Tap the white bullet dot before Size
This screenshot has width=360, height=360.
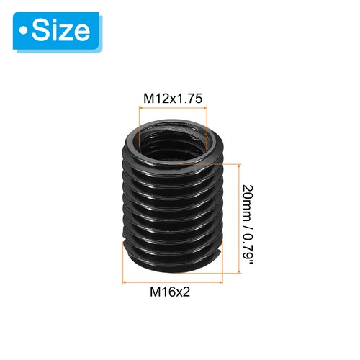point(27,32)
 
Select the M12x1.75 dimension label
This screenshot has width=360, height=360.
point(172,97)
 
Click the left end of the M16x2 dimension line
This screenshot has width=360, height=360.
point(124,278)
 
